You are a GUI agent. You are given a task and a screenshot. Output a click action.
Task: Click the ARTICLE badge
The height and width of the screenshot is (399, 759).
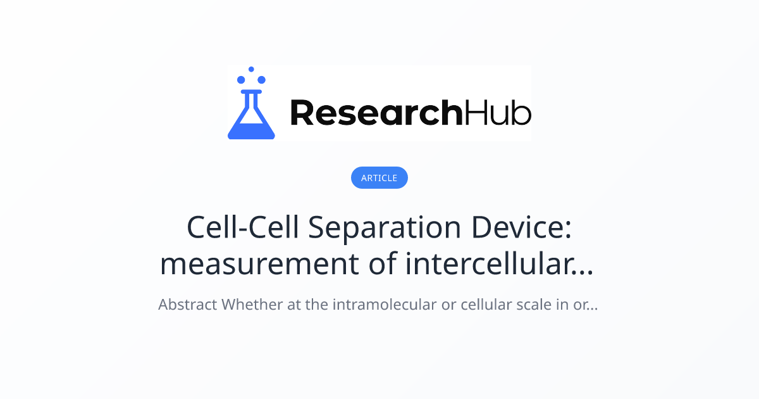[379, 177]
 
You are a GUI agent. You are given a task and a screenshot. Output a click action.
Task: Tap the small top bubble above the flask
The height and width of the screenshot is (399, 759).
[251, 69]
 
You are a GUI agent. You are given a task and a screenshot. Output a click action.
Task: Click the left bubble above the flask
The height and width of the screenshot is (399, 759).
[241, 80]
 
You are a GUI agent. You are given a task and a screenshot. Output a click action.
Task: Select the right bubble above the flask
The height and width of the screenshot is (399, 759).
[262, 80]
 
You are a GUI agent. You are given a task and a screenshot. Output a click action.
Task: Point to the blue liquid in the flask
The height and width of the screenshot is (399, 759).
[251, 131]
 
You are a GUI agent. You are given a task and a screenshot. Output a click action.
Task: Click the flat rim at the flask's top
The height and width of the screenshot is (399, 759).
[251, 92]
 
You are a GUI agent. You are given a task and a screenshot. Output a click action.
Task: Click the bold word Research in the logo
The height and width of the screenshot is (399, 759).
[376, 113]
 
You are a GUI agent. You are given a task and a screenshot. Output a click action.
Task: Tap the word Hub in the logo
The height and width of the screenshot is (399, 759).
[498, 113]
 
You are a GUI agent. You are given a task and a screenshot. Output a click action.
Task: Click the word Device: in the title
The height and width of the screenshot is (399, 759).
[521, 227]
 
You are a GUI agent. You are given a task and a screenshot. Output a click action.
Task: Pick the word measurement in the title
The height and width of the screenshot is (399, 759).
[259, 265]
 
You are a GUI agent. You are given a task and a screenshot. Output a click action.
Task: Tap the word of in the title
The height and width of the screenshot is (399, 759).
[382, 263]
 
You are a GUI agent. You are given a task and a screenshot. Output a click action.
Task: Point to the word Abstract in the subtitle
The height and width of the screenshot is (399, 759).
[187, 305]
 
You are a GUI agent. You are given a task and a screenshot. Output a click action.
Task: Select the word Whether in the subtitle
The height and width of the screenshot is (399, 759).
[252, 305]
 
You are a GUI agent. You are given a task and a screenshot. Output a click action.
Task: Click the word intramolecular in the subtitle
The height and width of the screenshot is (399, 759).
[385, 305]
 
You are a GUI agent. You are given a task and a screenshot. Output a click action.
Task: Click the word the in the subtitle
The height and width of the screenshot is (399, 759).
[316, 305]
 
